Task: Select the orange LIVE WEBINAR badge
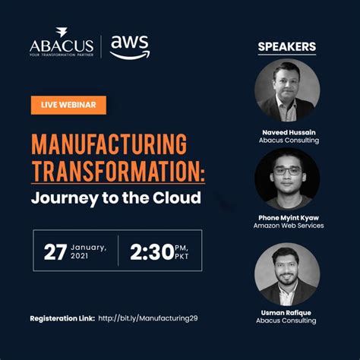point(68,105)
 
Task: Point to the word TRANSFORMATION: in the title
point(118,172)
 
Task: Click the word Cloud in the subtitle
point(180,199)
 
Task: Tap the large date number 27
point(55,252)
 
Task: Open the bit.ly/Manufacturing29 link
point(153,317)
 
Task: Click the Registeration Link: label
point(62,317)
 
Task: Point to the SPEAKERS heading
point(287,47)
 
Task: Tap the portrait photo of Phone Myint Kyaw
point(287,179)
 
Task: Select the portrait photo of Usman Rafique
point(287,273)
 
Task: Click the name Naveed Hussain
point(287,131)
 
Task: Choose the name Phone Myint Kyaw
point(287,217)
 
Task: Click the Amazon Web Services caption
point(287,226)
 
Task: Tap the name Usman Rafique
point(287,311)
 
